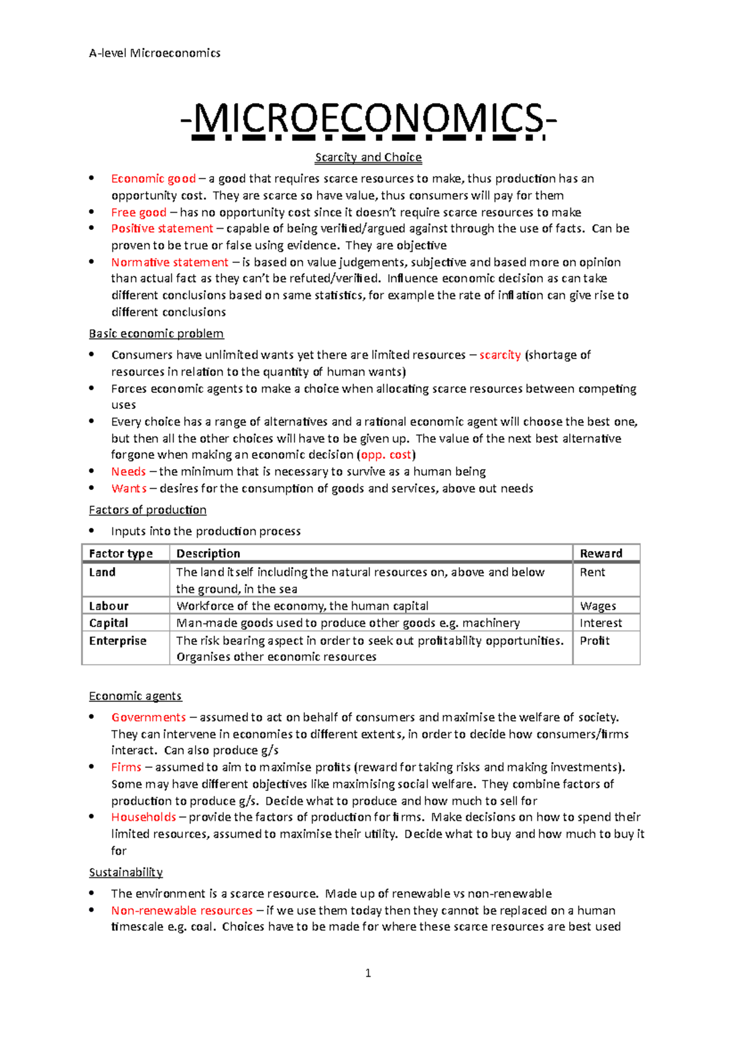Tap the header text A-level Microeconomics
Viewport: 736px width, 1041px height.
(155, 53)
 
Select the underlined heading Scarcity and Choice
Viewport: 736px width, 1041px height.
(368, 157)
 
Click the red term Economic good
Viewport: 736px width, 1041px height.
(153, 178)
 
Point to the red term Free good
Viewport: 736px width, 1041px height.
(139, 212)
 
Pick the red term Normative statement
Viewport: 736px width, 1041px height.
(170, 262)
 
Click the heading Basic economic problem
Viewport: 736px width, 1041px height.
(156, 334)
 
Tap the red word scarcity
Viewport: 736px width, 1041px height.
(500, 355)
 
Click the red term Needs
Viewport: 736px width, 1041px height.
(128, 471)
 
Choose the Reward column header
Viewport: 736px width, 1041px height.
(600, 553)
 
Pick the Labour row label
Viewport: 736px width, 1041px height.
(109, 606)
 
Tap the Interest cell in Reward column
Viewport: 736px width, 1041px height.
(600, 623)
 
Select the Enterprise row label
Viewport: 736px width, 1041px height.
(118, 641)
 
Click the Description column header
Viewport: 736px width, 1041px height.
(208, 553)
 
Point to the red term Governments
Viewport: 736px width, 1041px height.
(148, 717)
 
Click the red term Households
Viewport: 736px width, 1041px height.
(144, 817)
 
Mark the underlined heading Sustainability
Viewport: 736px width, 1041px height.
(126, 872)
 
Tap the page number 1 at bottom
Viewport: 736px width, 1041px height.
(368, 973)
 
